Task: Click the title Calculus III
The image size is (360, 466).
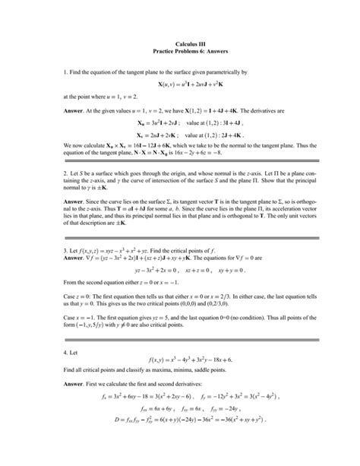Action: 179,44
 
